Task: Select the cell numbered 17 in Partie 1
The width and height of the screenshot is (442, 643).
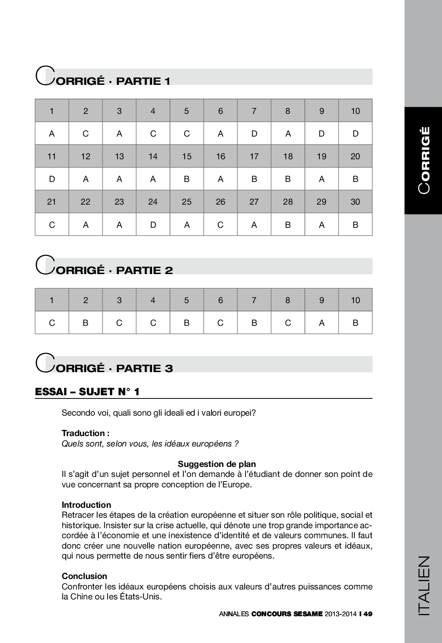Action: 254,156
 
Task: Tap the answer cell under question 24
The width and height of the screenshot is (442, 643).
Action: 153,224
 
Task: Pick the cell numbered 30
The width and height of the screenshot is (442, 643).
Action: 355,201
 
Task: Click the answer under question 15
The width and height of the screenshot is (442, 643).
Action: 187,179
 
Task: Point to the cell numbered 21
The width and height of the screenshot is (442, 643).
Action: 52,201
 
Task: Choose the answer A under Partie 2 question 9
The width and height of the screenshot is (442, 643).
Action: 322,323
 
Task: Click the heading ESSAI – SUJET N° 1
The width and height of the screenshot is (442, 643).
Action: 87,392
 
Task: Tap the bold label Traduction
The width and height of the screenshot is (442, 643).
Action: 85,433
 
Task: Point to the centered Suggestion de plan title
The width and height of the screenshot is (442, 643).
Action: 216,464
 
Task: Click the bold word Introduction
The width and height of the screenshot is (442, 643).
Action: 86,505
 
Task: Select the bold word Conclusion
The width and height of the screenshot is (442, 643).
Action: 84,576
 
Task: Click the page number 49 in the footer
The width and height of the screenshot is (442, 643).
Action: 368,614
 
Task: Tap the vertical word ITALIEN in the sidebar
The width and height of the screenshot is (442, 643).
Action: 423,585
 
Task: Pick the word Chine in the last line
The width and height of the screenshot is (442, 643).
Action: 81,596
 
